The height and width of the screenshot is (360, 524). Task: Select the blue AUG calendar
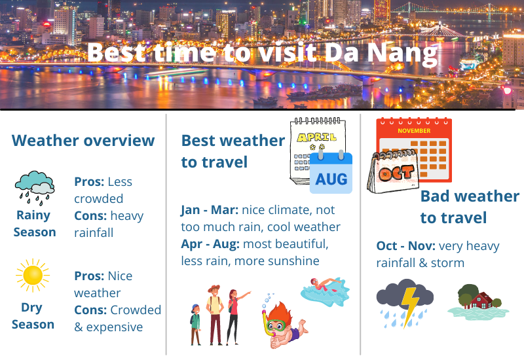pyautogui.click(x=331, y=172)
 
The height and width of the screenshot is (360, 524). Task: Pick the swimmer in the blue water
pyautogui.click(x=325, y=289)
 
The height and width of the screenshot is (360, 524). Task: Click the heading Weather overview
pyautogui.click(x=83, y=141)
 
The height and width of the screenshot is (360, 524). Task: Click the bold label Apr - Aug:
pyautogui.click(x=210, y=244)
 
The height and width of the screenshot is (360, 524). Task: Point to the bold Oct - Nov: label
pyautogui.click(x=405, y=246)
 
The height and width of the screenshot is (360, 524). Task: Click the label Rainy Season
pyautogui.click(x=35, y=223)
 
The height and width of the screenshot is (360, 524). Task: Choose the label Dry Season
pyautogui.click(x=33, y=315)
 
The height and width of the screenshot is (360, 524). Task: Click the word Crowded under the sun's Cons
pyautogui.click(x=136, y=310)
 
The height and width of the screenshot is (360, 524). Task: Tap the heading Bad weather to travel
pyautogui.click(x=469, y=206)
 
